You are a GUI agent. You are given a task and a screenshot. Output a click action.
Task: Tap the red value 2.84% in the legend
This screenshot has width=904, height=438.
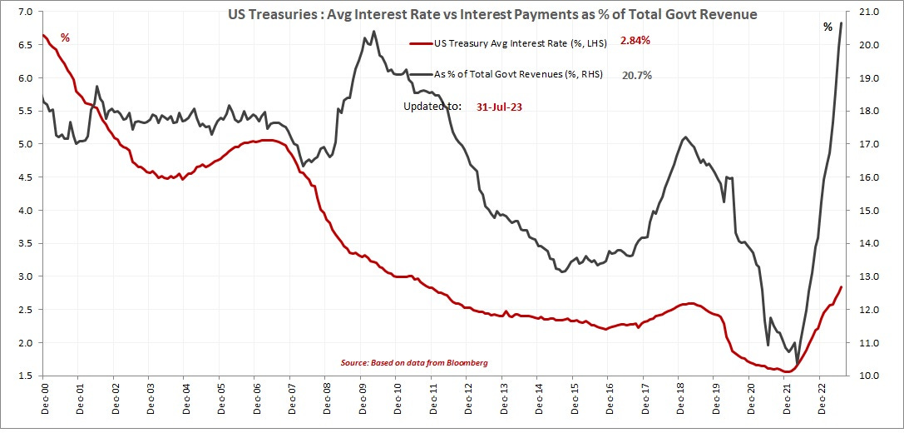click(x=635, y=40)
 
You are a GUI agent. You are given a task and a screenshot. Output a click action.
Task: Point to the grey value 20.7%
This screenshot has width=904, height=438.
click(x=636, y=74)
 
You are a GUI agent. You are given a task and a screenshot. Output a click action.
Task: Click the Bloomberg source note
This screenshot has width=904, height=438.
click(x=414, y=363)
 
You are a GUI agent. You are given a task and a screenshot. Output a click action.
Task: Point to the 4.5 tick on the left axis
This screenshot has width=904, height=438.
click(x=24, y=177)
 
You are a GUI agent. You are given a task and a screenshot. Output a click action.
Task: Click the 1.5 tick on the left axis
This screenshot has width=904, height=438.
click(x=24, y=376)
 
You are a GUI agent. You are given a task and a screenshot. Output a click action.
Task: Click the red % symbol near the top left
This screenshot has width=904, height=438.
click(x=65, y=38)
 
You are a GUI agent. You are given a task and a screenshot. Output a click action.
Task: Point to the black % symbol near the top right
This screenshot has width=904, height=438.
click(x=827, y=27)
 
